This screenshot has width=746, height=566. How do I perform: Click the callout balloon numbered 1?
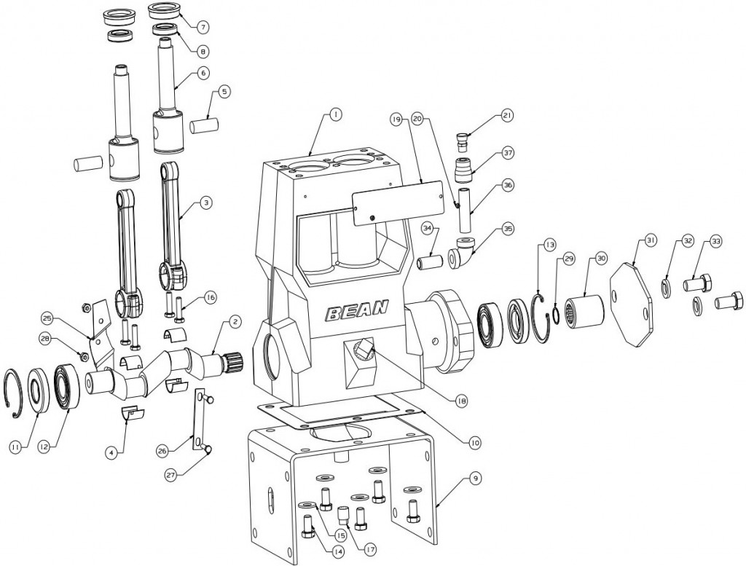335,114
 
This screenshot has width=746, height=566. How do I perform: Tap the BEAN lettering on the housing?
356,313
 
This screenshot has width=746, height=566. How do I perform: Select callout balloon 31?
651,241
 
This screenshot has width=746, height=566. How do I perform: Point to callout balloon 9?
474,479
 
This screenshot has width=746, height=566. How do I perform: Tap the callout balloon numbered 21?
507,115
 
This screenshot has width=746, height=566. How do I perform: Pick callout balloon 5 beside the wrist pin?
224,93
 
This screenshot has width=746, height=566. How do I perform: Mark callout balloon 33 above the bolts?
716,241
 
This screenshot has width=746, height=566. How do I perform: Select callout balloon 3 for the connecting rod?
206,203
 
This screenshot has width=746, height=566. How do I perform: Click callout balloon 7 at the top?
203,26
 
